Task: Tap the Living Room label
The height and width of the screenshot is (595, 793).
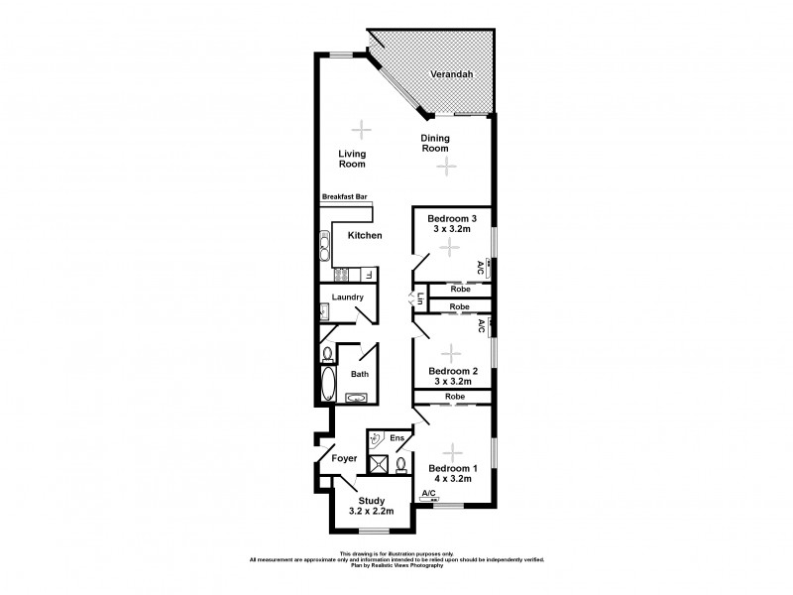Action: (x=352, y=159)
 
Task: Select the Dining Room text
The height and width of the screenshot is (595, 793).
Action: (x=436, y=143)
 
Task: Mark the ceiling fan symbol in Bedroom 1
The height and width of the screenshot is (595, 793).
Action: (x=453, y=451)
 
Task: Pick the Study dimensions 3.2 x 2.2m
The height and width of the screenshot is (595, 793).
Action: (x=372, y=513)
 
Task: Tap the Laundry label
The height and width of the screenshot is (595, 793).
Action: (x=347, y=297)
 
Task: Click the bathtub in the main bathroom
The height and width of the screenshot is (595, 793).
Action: (x=329, y=384)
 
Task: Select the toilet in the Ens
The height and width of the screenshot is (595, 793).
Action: (x=401, y=464)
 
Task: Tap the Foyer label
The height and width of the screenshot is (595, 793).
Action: (x=344, y=459)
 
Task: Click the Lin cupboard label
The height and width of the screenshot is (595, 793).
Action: (x=420, y=297)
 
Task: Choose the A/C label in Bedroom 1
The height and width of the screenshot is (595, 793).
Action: (x=428, y=493)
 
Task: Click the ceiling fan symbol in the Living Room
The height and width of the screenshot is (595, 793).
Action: (x=363, y=128)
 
